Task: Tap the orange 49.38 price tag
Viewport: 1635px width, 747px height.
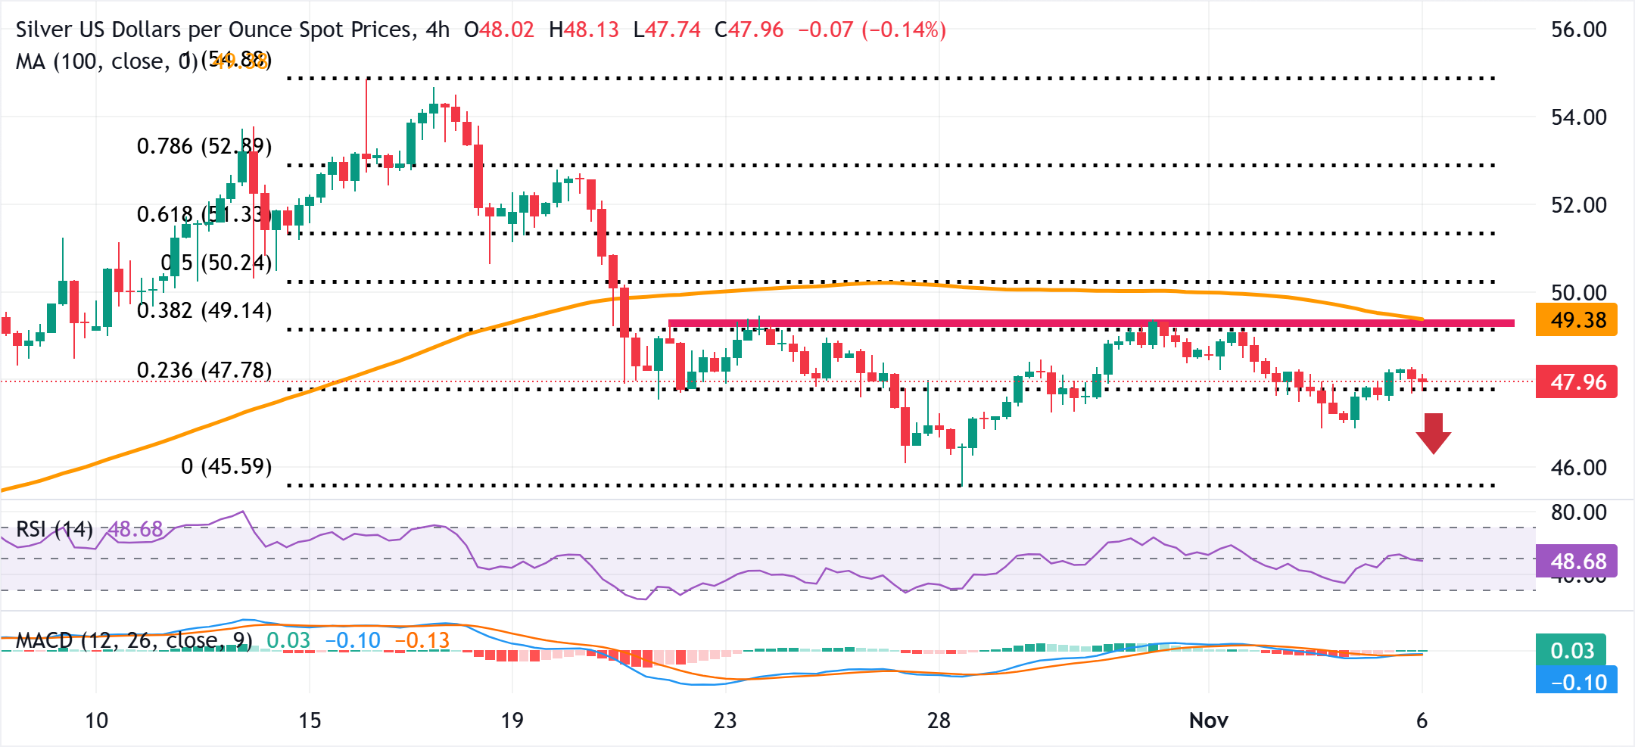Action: click(1577, 320)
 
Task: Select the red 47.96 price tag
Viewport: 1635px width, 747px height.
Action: click(1577, 381)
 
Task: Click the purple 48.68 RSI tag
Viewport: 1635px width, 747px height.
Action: click(1577, 561)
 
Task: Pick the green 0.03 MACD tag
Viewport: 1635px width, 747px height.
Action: click(1571, 650)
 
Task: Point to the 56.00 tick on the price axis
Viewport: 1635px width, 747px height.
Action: click(1578, 30)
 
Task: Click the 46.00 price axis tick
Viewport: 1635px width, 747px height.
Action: click(1578, 467)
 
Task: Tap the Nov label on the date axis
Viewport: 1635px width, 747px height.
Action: click(1208, 721)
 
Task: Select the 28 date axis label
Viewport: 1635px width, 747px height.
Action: click(939, 721)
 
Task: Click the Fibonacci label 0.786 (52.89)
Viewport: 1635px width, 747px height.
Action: click(204, 145)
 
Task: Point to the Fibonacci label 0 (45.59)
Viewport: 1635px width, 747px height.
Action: click(226, 465)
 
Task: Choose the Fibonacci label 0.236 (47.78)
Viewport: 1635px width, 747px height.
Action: click(204, 370)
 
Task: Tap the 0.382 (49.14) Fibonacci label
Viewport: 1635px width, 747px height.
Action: click(204, 310)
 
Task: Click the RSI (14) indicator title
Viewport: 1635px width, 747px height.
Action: click(54, 529)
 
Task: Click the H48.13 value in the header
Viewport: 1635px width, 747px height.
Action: click(584, 30)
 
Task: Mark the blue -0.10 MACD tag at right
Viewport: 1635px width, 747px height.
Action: click(1577, 681)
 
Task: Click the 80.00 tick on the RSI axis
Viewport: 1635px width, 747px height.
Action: click(1578, 512)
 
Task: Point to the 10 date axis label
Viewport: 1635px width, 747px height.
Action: click(96, 721)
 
